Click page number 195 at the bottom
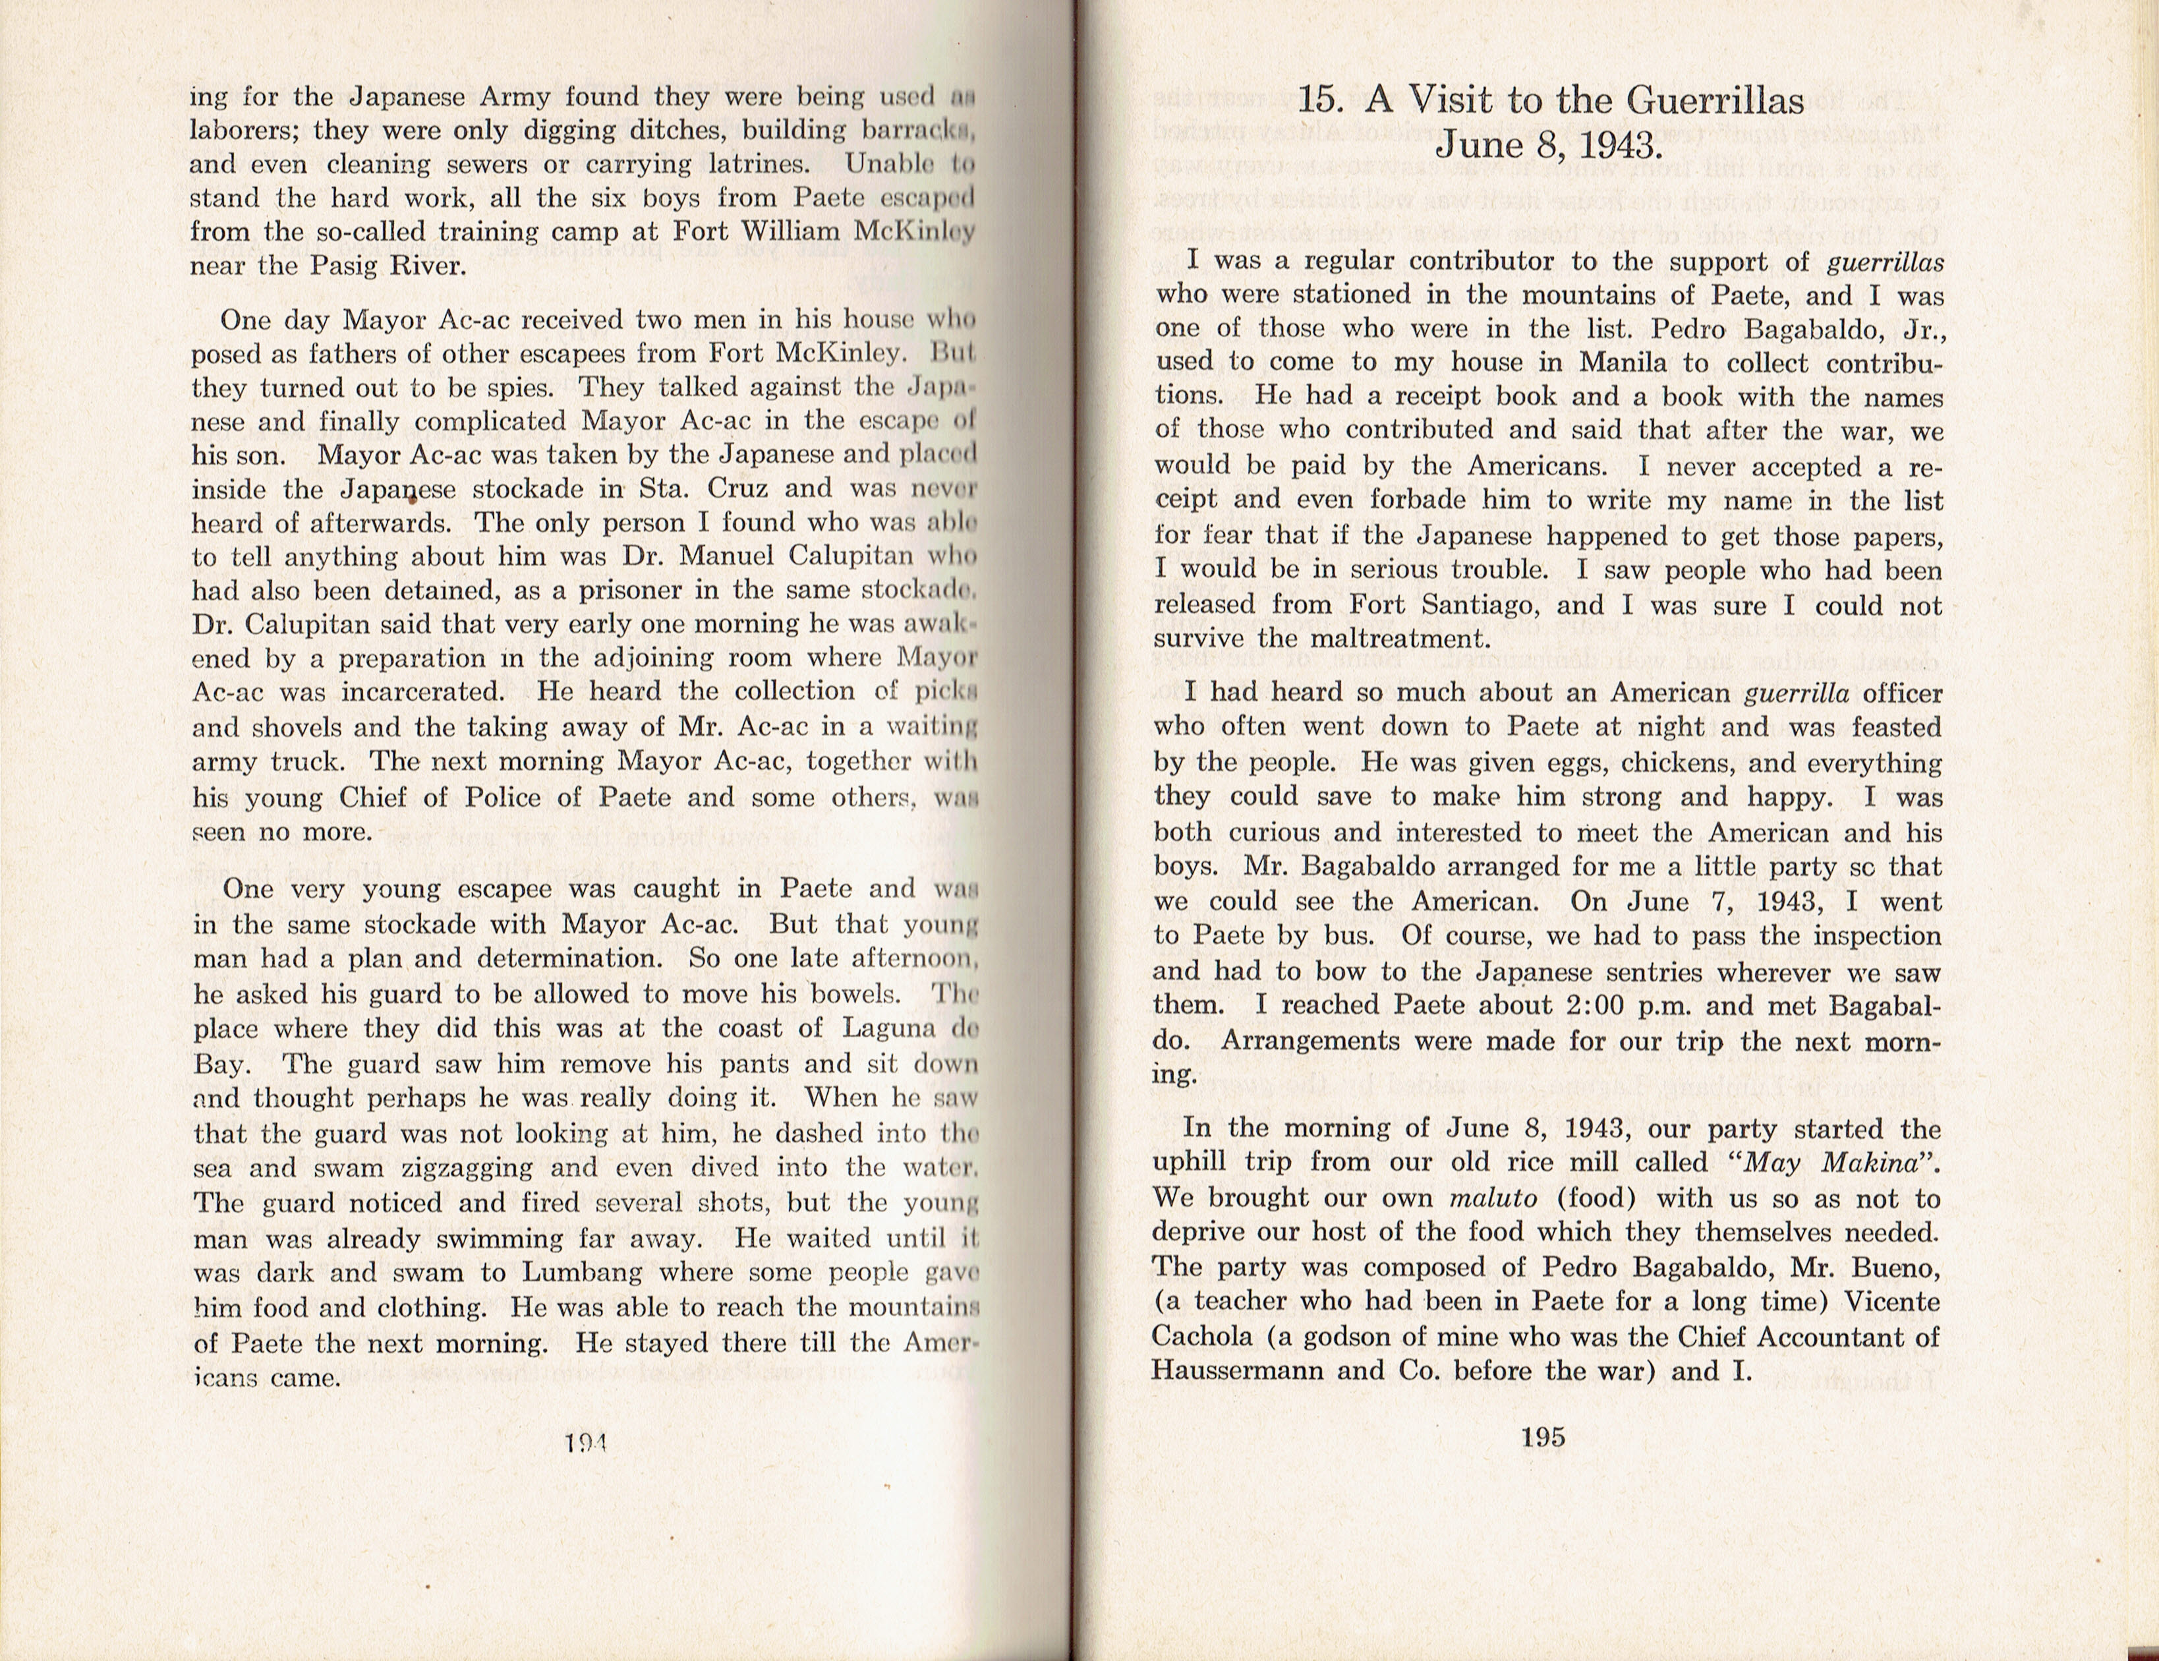click(1543, 1437)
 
